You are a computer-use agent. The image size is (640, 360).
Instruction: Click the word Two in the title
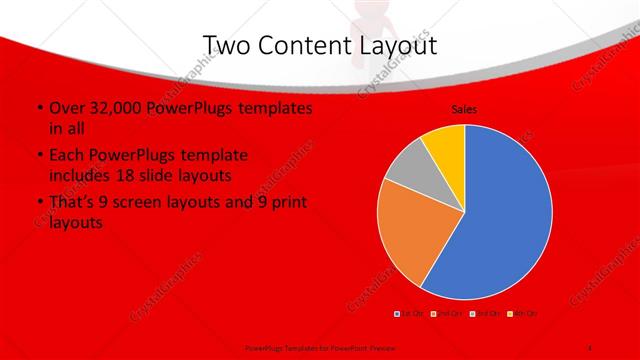pos(229,45)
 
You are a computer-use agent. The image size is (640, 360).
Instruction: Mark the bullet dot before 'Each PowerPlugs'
pos(38,156)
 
